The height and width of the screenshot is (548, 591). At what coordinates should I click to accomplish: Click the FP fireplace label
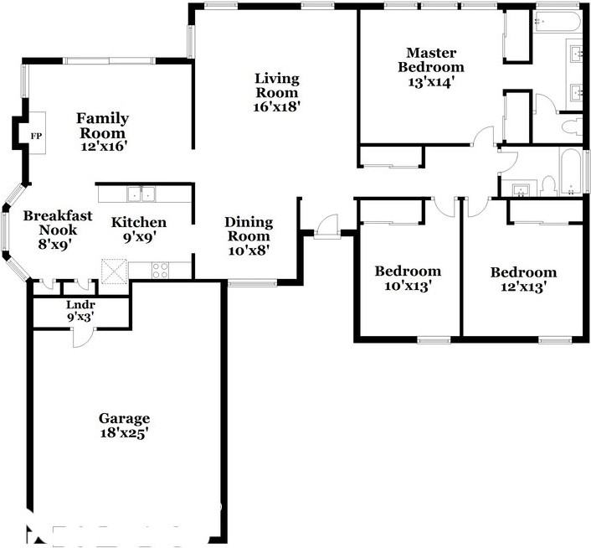(x=36, y=136)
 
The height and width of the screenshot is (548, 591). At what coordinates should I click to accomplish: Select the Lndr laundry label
(x=80, y=305)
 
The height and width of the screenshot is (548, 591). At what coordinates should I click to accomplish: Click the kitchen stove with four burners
(x=160, y=270)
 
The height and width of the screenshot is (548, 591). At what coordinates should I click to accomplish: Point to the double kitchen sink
(x=141, y=194)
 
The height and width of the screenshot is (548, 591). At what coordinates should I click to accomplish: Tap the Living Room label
(x=277, y=85)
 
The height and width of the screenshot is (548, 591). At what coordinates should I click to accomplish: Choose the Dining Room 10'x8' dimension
(x=249, y=251)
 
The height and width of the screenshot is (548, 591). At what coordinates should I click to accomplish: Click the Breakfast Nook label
(x=58, y=223)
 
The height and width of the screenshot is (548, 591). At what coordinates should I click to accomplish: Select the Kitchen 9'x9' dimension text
(x=140, y=237)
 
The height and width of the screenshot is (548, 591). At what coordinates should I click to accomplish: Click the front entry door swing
(x=327, y=226)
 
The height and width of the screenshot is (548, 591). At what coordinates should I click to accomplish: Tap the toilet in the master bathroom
(x=572, y=127)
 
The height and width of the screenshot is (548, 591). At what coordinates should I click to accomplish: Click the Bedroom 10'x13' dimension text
(x=408, y=286)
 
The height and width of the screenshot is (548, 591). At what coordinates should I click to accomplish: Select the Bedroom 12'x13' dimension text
(x=523, y=287)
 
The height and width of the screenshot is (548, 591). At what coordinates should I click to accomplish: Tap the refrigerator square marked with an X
(x=115, y=271)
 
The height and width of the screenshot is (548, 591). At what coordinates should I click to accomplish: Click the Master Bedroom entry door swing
(x=483, y=136)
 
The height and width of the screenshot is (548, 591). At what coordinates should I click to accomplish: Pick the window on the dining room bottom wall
(x=253, y=282)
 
